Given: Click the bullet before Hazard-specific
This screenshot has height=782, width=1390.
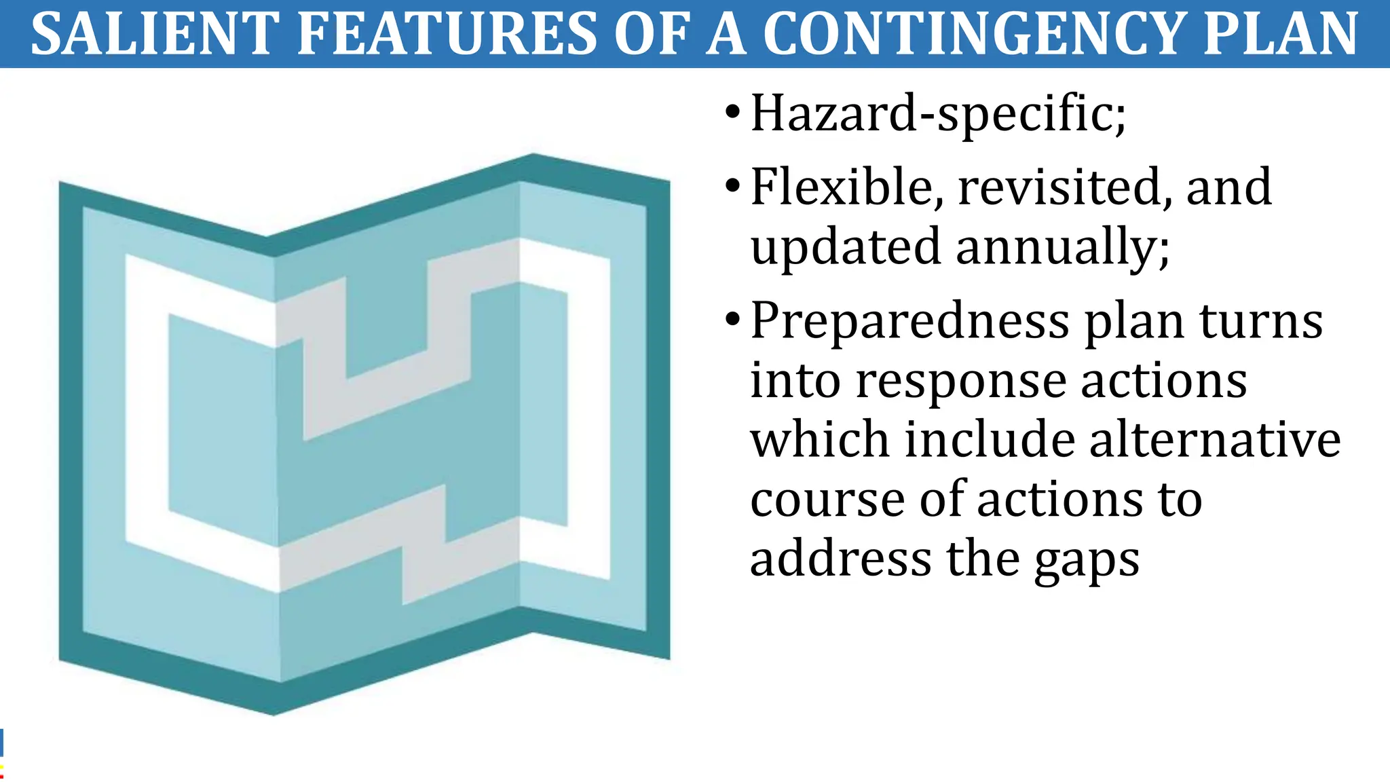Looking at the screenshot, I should [732, 112].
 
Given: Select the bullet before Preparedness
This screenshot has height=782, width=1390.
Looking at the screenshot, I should [732, 319].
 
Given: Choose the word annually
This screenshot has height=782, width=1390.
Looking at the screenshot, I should [1062, 248].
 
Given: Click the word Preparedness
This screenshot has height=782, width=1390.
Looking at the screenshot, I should [909, 321].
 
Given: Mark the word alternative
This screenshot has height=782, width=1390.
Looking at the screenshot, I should [1215, 440].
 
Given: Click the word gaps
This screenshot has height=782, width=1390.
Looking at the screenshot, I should [1087, 561].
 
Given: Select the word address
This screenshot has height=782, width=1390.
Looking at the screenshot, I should [840, 559].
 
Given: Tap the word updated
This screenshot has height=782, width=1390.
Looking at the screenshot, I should [845, 248].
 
